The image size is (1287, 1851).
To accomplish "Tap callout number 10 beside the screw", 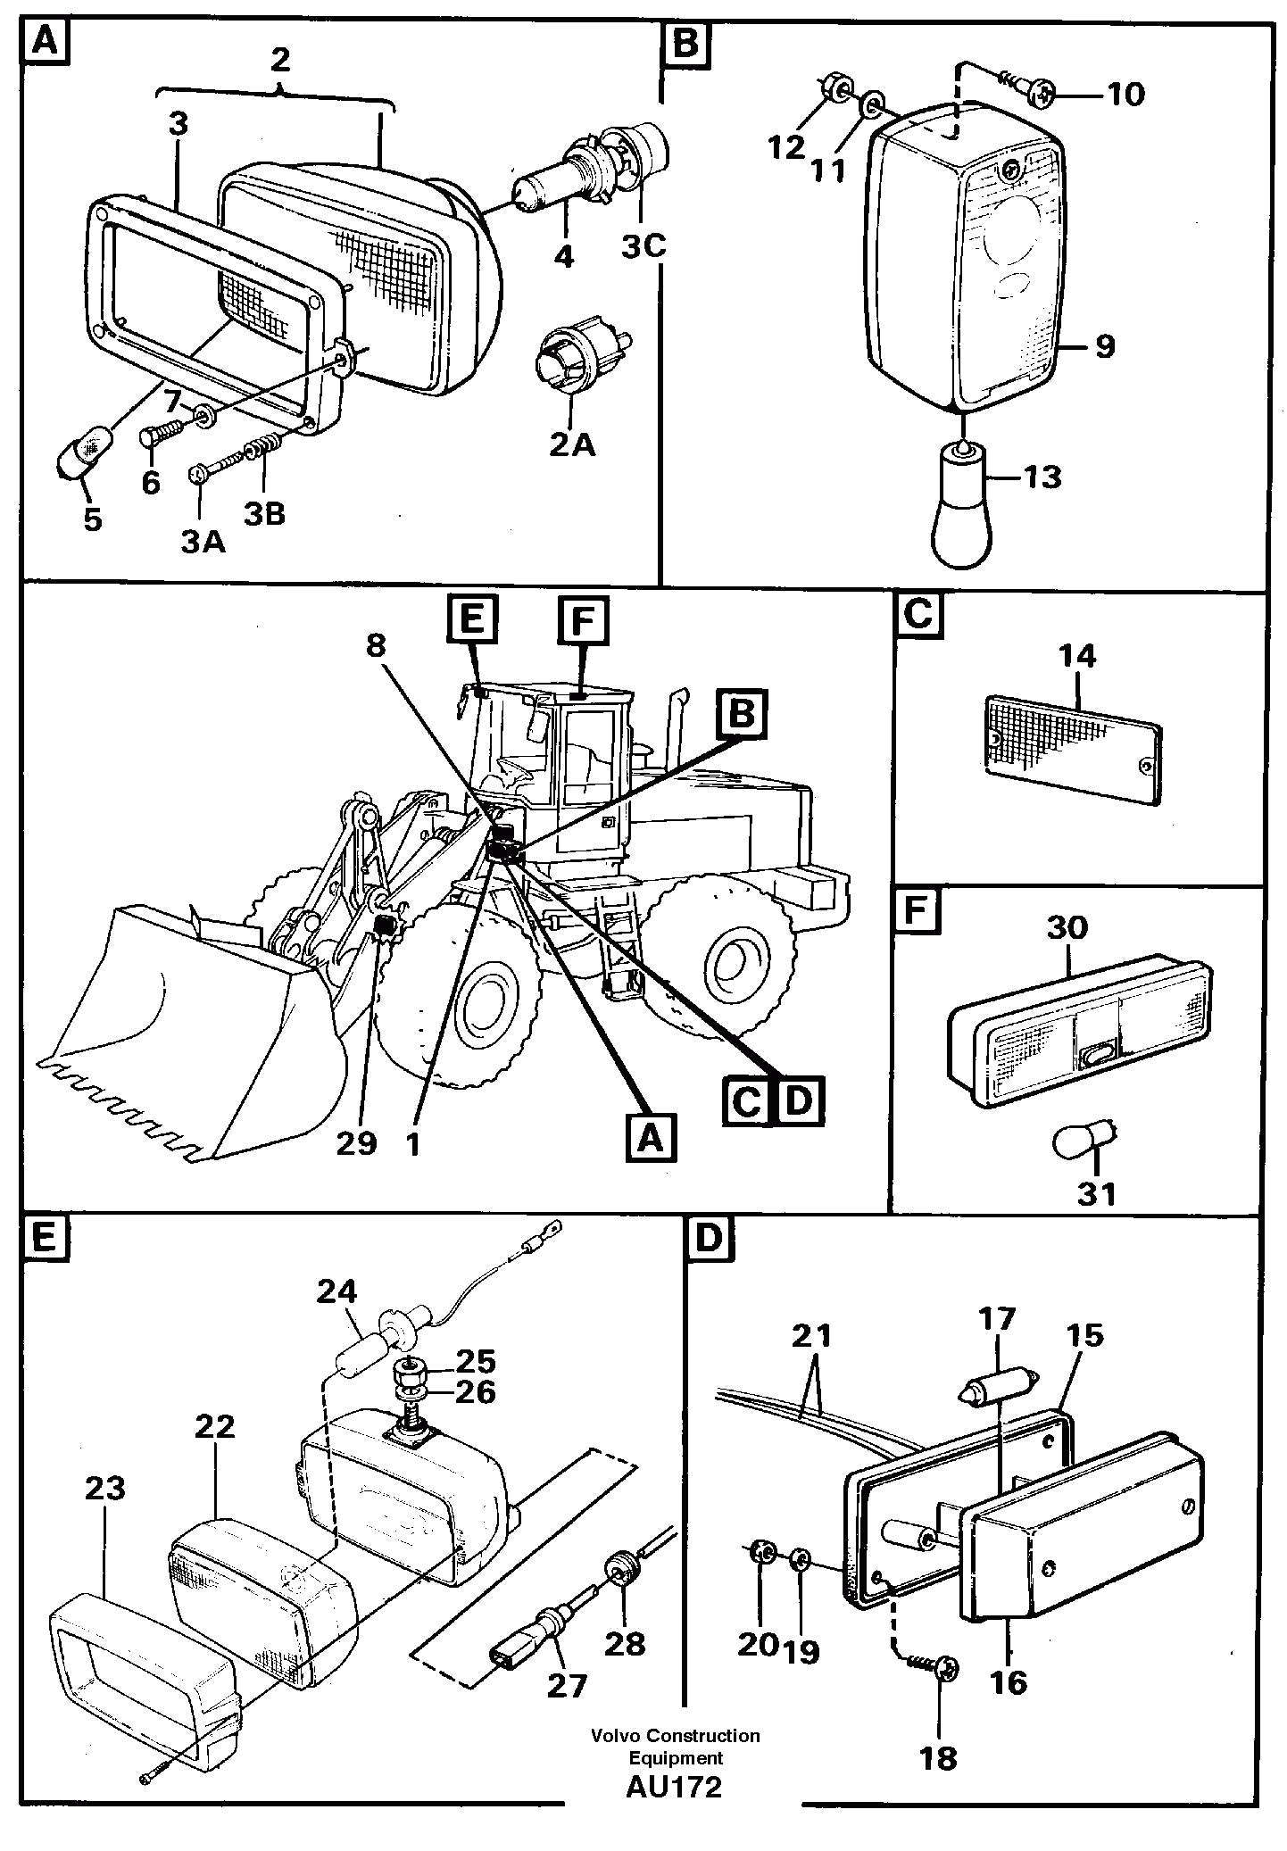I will [1126, 93].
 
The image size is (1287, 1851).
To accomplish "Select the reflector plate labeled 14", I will [1072, 751].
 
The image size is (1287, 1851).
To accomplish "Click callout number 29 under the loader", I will [356, 1142].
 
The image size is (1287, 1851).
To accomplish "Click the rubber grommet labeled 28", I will [623, 1569].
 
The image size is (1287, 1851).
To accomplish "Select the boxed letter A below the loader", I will [651, 1138].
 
